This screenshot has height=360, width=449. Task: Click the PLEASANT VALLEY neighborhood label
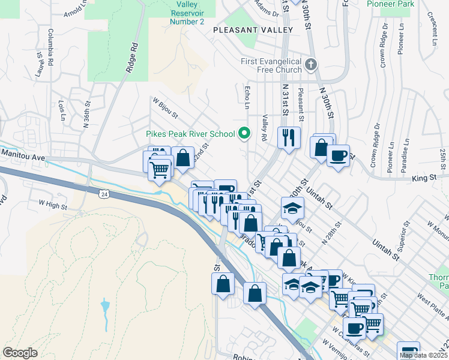253,29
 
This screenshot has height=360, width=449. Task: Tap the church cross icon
310,64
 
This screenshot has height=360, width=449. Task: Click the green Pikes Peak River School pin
244,133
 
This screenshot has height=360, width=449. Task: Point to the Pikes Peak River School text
191,133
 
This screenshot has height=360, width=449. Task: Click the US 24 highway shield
104,194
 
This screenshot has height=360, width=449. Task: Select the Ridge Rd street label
131,58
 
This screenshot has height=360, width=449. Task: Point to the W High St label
53,204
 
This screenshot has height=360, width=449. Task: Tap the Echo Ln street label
247,97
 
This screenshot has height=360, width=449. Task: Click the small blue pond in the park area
106,308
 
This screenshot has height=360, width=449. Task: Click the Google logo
20,353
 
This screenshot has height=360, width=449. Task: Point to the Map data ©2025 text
423,355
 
